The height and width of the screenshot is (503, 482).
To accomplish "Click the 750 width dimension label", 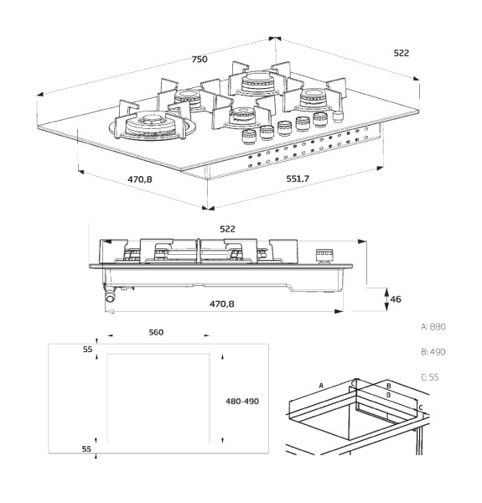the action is click(200, 59).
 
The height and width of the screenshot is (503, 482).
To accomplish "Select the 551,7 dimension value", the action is click(298, 179).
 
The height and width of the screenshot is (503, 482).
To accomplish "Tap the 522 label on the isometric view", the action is click(402, 53).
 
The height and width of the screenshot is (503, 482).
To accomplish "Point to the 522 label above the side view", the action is click(227, 229).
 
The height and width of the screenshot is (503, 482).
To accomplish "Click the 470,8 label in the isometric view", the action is click(140, 179).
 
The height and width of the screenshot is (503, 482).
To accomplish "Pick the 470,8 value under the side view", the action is click(222, 303).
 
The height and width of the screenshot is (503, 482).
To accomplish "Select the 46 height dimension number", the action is click(396, 299).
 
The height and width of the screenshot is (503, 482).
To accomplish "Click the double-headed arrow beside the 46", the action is click(386, 299).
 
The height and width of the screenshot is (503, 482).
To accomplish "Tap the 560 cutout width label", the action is click(156, 332).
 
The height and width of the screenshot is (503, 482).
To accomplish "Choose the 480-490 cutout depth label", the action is click(242, 401).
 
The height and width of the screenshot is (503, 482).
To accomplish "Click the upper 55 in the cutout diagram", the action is click(87, 350).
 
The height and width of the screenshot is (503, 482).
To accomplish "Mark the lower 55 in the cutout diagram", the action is click(86, 449).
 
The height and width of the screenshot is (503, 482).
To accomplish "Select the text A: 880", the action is click(433, 327).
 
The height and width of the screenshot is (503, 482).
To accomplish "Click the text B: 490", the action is click(433, 352).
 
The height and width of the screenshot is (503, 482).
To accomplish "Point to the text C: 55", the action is click(430, 377).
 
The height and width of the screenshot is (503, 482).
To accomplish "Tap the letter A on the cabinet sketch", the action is click(321, 386).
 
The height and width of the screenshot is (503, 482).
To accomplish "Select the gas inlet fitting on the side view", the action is click(110, 295).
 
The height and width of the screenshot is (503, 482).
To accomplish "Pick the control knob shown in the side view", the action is click(324, 256).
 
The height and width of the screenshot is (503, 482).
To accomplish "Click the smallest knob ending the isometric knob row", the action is click(338, 117).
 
